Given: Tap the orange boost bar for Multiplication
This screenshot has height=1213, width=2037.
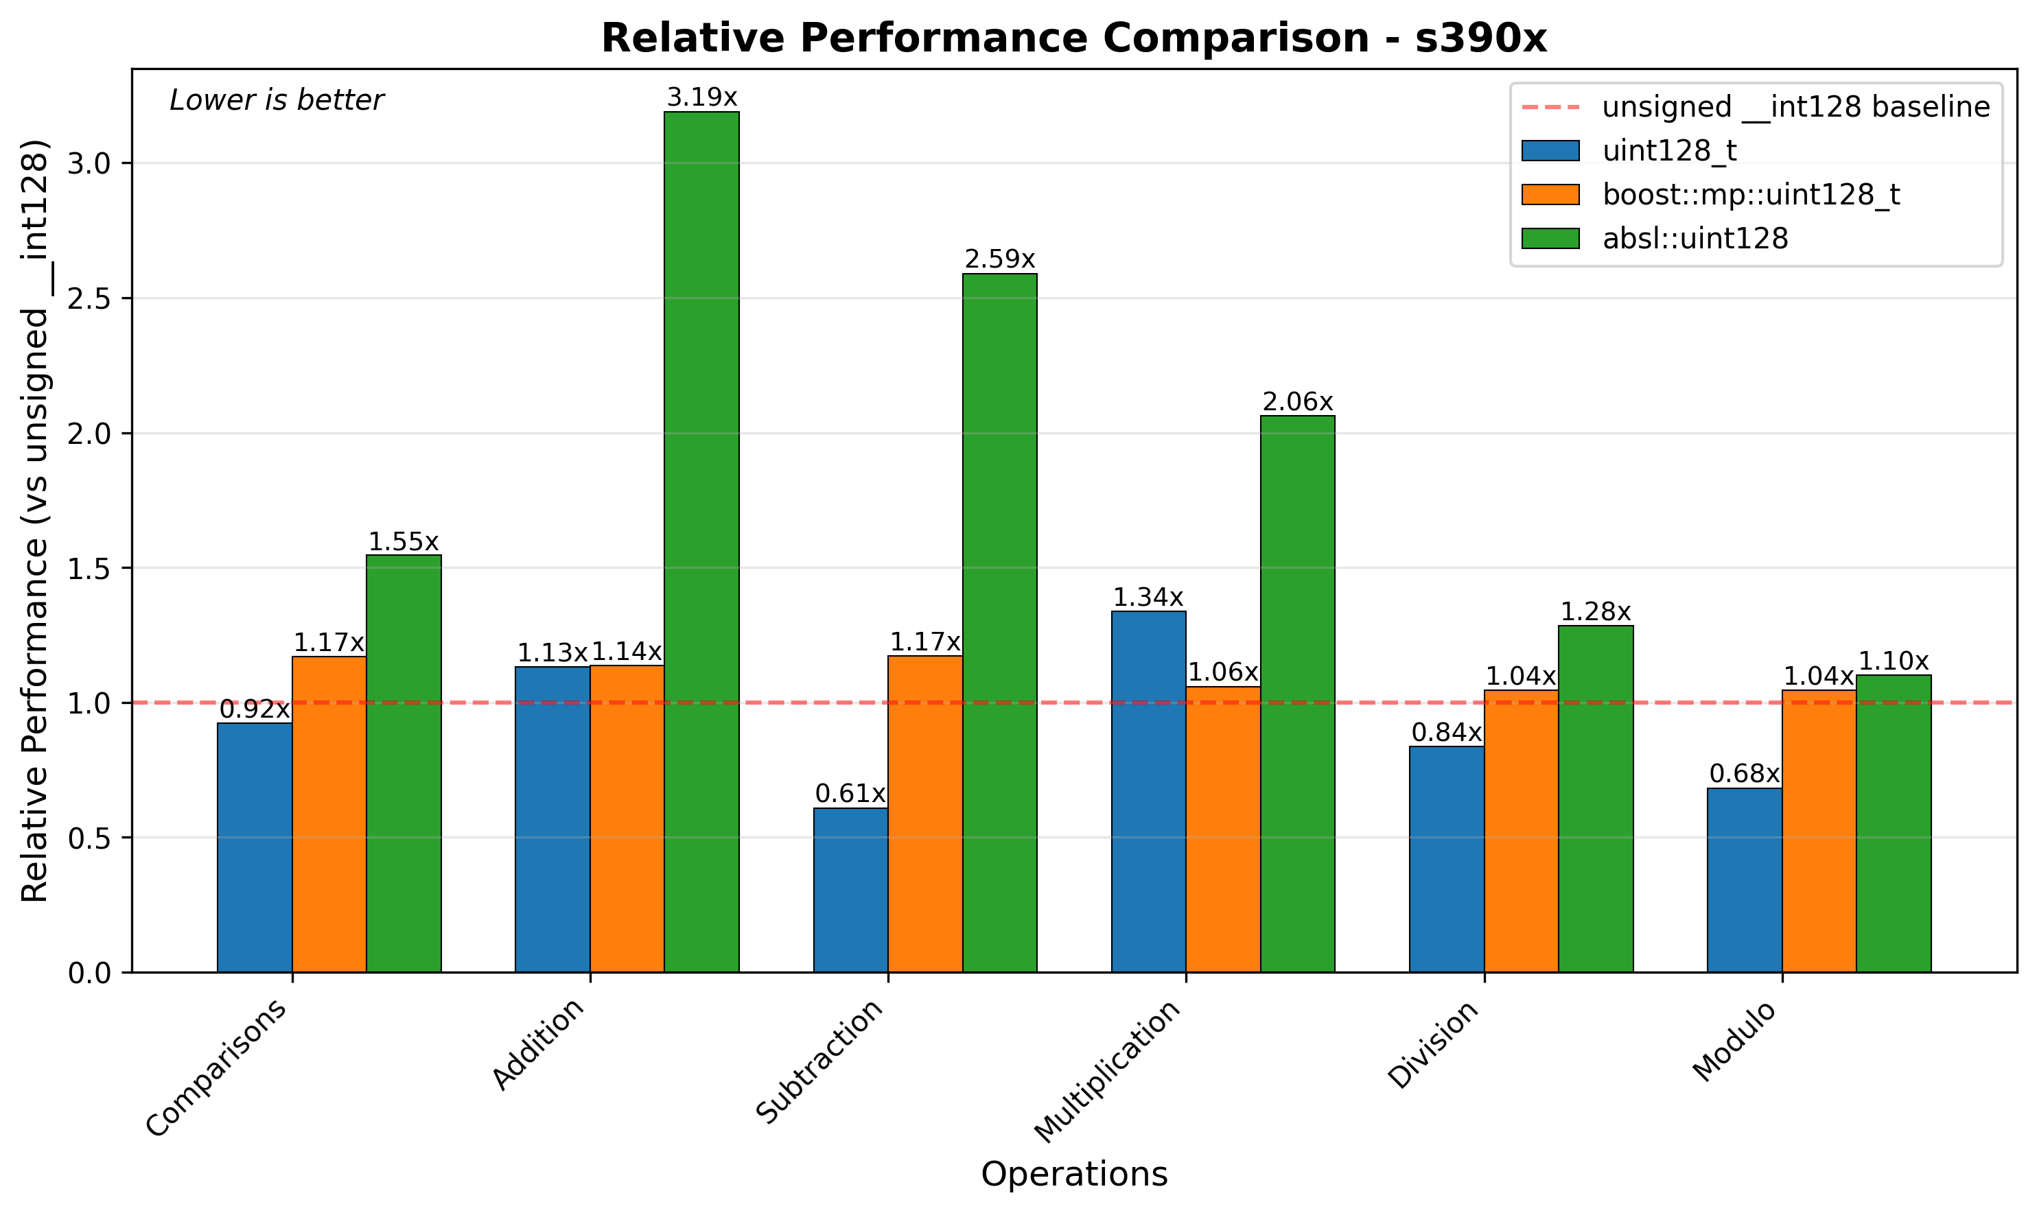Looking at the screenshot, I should coord(1223,829).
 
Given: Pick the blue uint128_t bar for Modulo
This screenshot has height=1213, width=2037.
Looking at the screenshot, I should coord(1745,880).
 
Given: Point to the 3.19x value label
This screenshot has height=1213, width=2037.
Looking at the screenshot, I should coord(701,98).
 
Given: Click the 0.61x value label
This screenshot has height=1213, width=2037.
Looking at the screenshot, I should coord(850,794).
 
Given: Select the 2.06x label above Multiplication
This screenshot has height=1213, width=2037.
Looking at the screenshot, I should coord(1297,402).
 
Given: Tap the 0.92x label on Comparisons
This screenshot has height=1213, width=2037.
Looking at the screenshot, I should coord(254,709).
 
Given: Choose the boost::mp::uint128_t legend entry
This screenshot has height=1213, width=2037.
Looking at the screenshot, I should coord(1751,195).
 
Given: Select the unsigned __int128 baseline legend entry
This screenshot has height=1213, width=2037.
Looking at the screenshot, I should coord(1795,107).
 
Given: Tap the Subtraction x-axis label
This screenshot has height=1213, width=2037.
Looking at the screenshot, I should coord(820,1062).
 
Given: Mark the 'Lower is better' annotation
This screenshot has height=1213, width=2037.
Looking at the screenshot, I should coord(277,101).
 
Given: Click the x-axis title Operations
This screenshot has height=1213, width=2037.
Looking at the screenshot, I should coord(1073,1175).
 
